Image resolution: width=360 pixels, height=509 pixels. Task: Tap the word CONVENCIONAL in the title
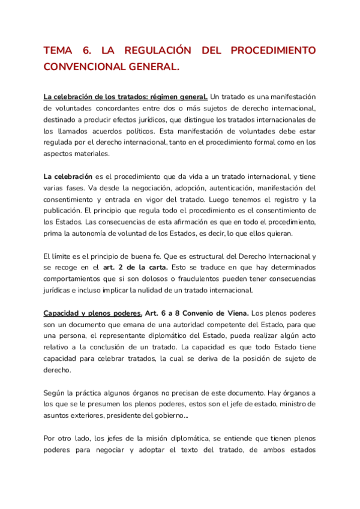(x=85, y=67)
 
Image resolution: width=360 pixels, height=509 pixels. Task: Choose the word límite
(x=64, y=256)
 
